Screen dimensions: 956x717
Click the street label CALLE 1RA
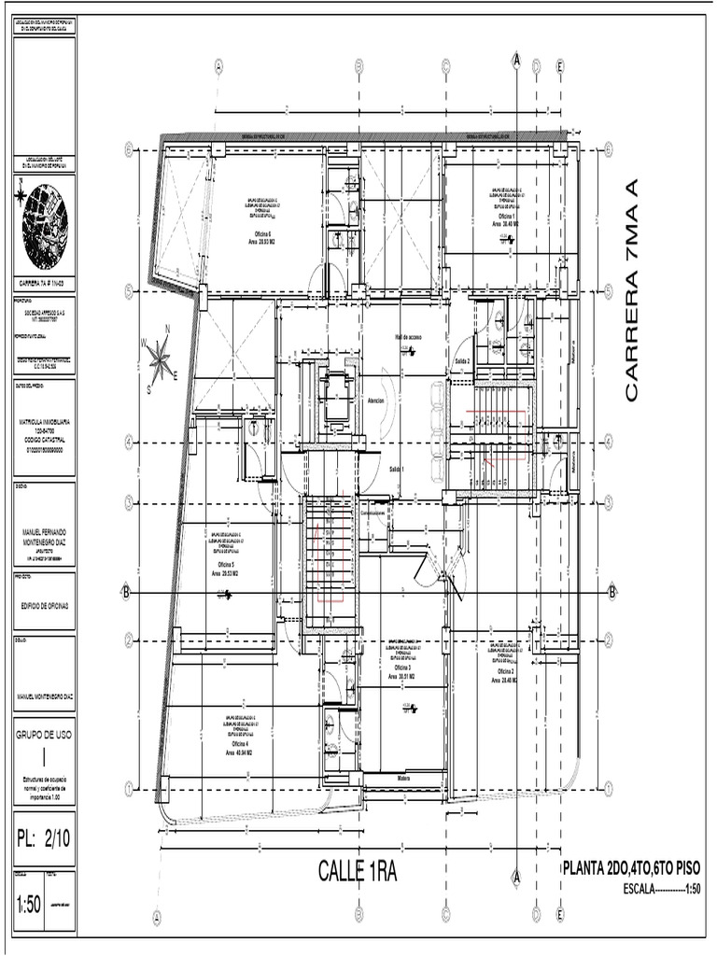point(358,871)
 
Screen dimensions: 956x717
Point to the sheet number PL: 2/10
point(44,838)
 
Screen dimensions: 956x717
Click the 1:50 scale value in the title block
point(29,905)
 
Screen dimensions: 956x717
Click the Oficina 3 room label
point(403,669)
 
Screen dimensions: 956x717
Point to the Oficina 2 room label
point(505,671)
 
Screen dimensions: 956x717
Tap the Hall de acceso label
point(408,337)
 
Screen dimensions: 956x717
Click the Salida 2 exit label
point(461,359)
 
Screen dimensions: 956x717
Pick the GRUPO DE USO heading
point(45,734)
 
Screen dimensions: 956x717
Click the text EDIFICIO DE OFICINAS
point(45,606)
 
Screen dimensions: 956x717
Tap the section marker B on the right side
point(612,592)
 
